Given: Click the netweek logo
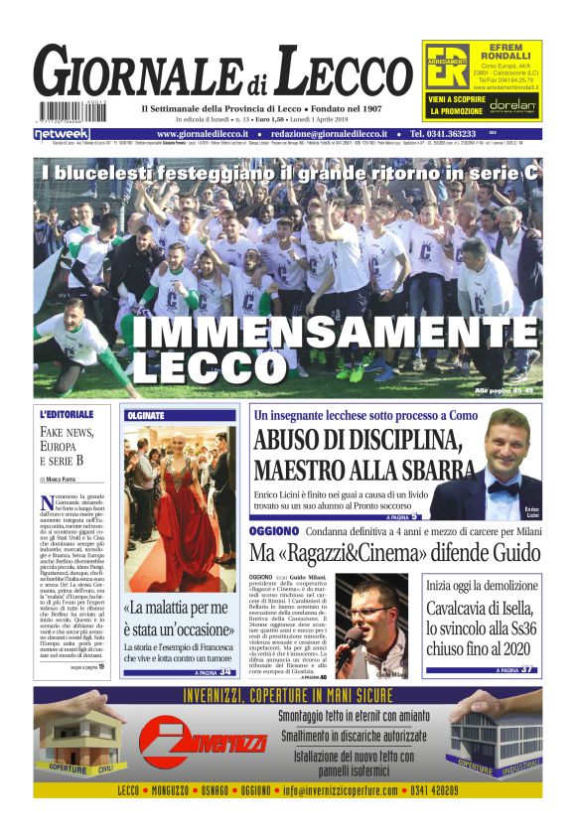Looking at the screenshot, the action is tap(62, 133).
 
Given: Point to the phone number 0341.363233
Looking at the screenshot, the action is tap(442, 134).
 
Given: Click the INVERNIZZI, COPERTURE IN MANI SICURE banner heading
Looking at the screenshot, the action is tap(288, 697).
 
